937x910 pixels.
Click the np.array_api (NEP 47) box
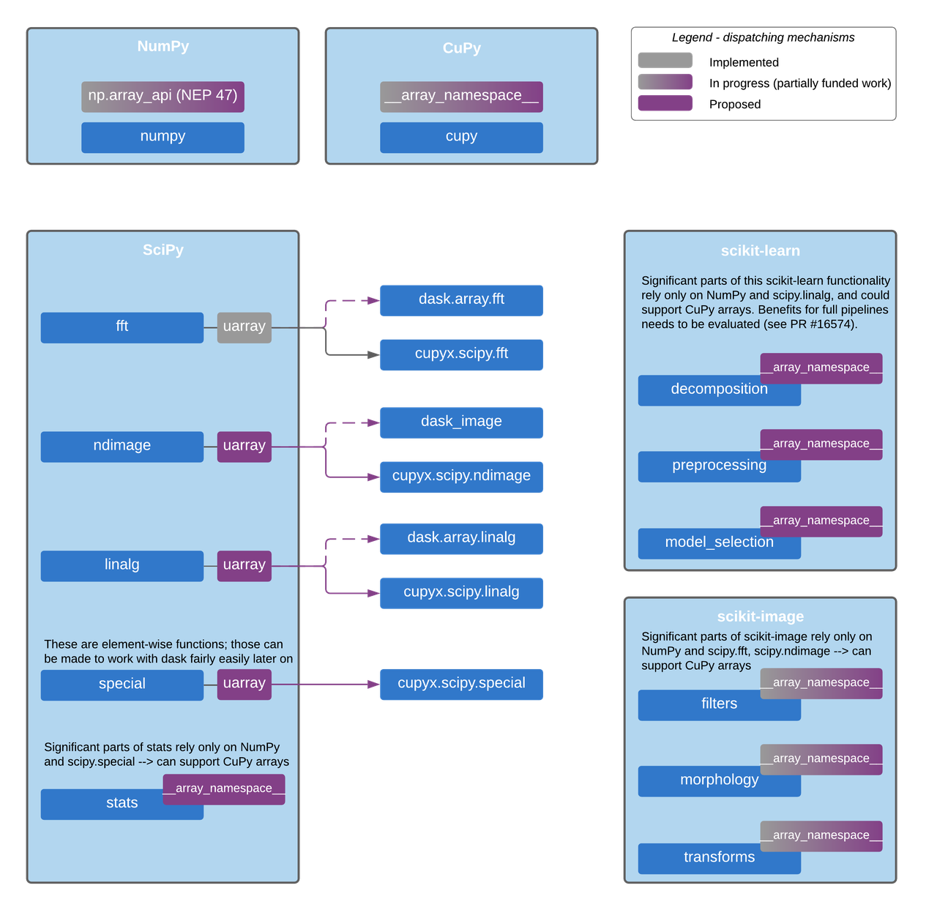coord(163,97)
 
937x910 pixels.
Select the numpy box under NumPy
coord(163,138)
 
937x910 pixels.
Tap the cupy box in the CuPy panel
coord(461,138)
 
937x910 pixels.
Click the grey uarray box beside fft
coord(244,328)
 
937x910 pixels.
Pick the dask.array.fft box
coord(461,300)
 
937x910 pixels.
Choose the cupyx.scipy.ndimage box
coord(461,477)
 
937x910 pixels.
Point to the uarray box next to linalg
coord(244,566)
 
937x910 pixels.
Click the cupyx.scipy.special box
coord(461,685)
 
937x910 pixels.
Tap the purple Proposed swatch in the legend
coord(665,103)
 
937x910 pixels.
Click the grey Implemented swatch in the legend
coord(665,61)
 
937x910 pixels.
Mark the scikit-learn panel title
coord(761,251)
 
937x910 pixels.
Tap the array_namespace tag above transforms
coord(821,836)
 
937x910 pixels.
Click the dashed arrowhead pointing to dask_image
coord(373,422)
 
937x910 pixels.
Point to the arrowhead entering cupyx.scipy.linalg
coord(373,593)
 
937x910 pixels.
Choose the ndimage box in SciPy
coord(122,447)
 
